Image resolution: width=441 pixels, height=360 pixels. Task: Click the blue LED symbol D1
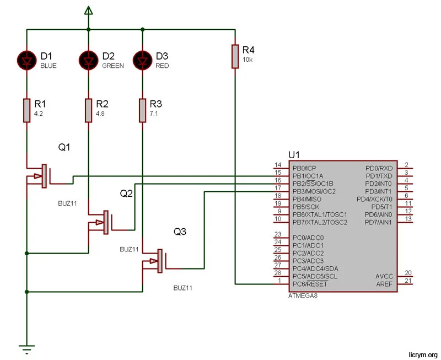point(26,59)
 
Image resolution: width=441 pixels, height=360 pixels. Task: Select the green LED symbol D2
point(88,59)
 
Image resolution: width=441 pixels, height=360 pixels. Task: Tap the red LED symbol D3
point(142,59)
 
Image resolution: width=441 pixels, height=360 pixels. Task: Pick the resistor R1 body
point(26,110)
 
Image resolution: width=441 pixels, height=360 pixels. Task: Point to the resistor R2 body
point(88,110)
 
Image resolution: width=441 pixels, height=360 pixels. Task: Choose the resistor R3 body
point(142,110)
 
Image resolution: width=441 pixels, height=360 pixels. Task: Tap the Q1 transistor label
point(64,147)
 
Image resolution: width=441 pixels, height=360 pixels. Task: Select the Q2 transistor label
point(127,194)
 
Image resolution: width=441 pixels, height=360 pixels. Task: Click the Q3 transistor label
point(180,232)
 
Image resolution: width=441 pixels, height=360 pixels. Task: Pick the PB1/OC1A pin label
point(308,175)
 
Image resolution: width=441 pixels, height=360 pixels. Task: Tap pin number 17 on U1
point(278,189)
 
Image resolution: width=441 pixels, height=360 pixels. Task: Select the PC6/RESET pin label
point(310,284)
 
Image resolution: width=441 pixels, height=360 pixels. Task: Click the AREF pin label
point(384,284)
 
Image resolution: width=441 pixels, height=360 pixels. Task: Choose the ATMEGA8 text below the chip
point(303,295)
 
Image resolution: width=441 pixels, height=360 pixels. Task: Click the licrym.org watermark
point(422,354)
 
